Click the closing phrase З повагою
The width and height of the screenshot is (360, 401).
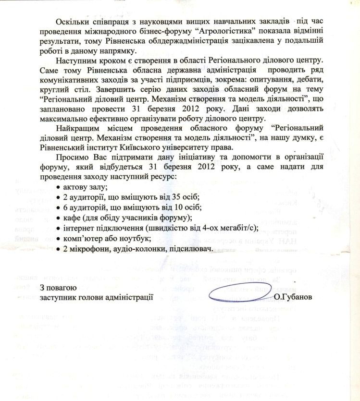pos(58,288)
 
